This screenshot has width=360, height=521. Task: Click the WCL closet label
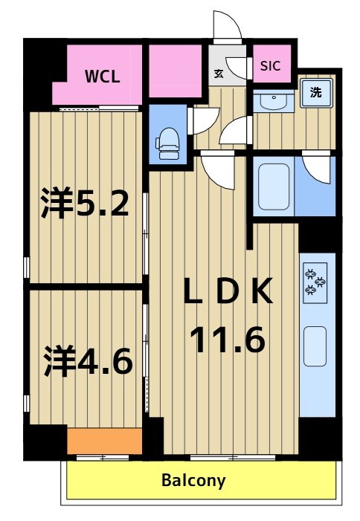[x=102, y=77]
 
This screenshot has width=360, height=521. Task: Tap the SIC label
[x=270, y=66]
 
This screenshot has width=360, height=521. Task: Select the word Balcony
[x=193, y=480]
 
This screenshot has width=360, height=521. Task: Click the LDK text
[x=228, y=291]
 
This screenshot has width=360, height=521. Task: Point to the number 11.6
[x=228, y=339]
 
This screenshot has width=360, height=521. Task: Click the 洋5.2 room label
[x=85, y=202]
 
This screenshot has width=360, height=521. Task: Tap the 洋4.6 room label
[x=88, y=360]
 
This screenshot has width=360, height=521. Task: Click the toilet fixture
[x=167, y=143]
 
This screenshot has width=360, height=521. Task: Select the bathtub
[x=274, y=187]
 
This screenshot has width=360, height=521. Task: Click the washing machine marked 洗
[x=316, y=93]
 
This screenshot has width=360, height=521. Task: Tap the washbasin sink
[x=273, y=101]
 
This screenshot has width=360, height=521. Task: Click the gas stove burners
[x=315, y=282]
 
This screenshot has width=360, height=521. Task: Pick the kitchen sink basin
[x=315, y=346]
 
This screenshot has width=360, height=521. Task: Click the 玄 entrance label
[x=219, y=74]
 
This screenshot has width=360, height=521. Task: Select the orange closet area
[x=105, y=441]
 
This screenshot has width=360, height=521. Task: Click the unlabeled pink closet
[x=176, y=71]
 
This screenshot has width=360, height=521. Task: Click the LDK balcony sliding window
[x=233, y=458]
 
